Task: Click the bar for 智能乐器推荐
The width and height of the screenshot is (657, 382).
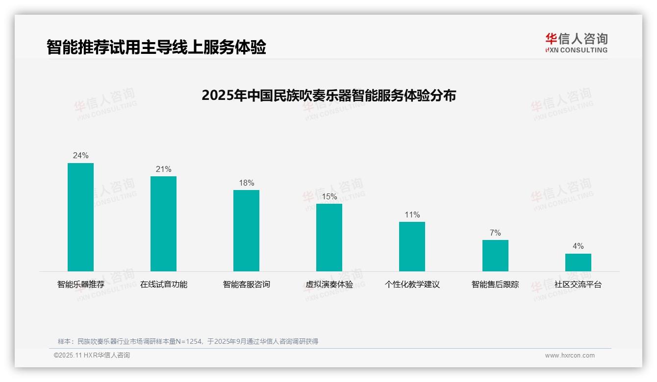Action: (80, 217)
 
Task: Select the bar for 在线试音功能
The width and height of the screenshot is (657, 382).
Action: (163, 224)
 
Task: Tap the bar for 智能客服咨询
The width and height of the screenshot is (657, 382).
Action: (246, 231)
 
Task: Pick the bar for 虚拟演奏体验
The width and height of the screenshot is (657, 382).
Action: (329, 238)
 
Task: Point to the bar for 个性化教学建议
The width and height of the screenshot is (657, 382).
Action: (412, 246)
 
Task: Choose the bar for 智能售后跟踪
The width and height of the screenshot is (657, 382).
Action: (495, 256)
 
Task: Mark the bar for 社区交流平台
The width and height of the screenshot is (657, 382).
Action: (578, 263)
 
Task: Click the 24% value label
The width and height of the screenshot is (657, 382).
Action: (80, 156)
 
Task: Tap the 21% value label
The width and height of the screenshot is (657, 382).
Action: (163, 169)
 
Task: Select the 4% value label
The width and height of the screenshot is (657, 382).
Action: (578, 246)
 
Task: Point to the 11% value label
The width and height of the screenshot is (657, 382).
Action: (412, 215)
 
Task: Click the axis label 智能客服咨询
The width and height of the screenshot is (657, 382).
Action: (246, 285)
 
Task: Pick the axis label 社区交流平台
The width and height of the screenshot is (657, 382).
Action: (578, 285)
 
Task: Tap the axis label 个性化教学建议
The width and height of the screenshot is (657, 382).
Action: (412, 285)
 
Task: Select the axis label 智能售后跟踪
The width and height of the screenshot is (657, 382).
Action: (495, 285)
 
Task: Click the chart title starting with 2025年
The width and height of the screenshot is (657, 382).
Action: (328, 95)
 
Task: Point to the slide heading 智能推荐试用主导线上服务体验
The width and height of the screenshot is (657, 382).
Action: (156, 48)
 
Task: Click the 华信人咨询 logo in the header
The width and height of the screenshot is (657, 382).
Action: (576, 43)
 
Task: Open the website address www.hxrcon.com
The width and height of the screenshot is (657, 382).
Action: (570, 356)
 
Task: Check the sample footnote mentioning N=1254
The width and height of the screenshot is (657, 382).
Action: (188, 341)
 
